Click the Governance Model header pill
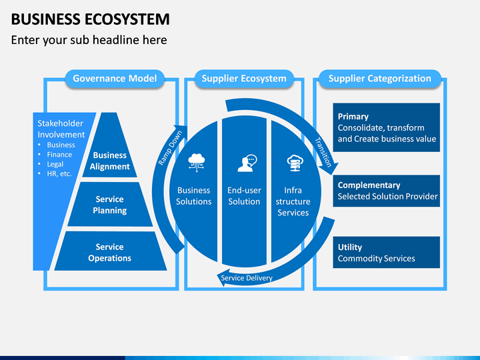[x=115, y=79]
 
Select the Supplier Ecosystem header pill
[x=244, y=79]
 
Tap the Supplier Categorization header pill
[x=379, y=79]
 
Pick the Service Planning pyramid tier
[x=109, y=205]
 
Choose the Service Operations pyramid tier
[x=109, y=251]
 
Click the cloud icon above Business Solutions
[x=197, y=162]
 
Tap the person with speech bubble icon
[x=247, y=163]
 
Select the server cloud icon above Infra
[x=295, y=163]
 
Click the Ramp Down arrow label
[x=170, y=148]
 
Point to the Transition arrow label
[x=323, y=152]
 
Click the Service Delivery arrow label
[x=247, y=278]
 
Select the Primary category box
[x=386, y=127]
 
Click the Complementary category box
[x=386, y=191]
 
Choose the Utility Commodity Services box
[x=386, y=252]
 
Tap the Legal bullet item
[x=55, y=164]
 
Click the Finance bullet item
[x=59, y=155]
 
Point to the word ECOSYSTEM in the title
[x=127, y=19]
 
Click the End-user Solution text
[x=244, y=196]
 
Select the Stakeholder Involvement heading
[x=61, y=129]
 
